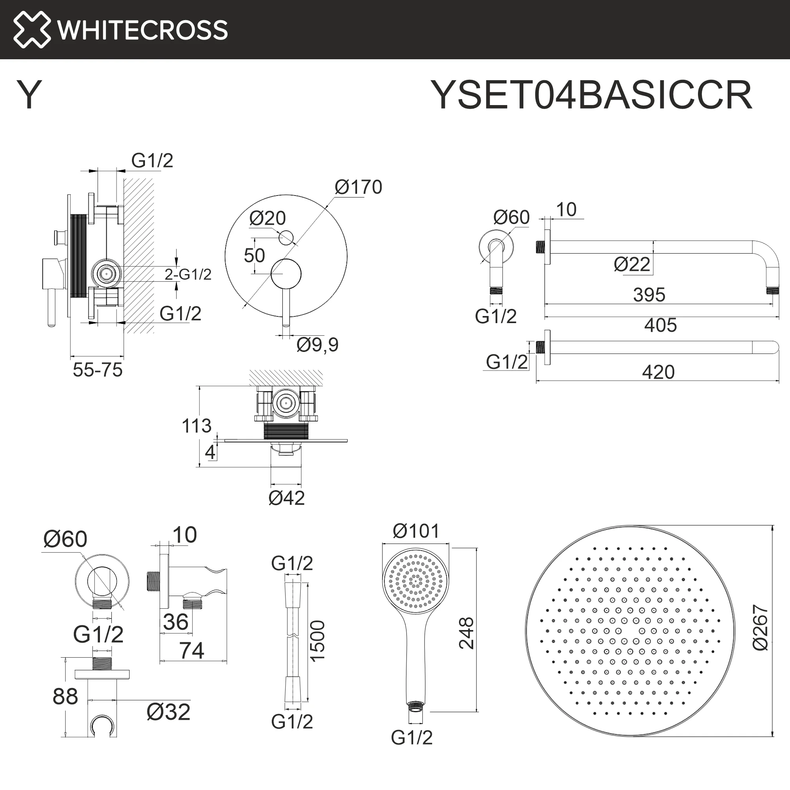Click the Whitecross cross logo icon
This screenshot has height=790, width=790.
tap(32, 30)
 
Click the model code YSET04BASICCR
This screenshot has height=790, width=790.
tap(591, 95)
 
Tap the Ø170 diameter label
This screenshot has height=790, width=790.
tap(358, 187)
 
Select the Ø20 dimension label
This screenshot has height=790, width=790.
tap(267, 218)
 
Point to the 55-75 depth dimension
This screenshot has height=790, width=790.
tap(98, 370)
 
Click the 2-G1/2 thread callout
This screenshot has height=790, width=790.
tap(188, 275)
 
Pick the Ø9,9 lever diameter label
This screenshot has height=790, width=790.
tap(317, 345)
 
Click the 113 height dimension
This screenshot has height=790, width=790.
tap(196, 426)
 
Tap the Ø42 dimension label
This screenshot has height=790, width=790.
tap(287, 498)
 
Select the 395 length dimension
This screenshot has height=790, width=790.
tap(649, 295)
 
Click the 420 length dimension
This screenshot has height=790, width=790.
tap(658, 372)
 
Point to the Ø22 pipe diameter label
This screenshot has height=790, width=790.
tap(632, 265)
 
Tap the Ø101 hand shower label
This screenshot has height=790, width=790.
tap(416, 531)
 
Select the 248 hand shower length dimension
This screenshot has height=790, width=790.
tap(466, 634)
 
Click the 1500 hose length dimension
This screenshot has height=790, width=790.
tap(317, 640)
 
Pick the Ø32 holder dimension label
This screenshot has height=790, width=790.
tap(169, 712)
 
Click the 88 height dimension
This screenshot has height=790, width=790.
tap(65, 696)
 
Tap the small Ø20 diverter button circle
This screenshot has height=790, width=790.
tap(286, 237)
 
